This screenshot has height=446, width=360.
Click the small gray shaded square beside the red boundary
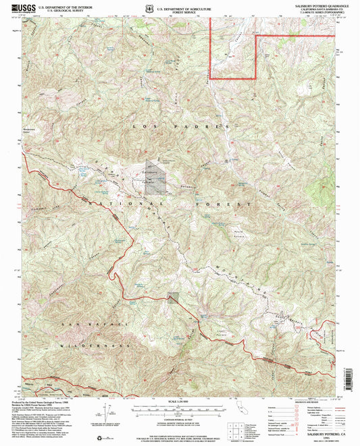point(174,298)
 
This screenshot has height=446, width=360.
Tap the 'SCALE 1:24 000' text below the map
point(180,403)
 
